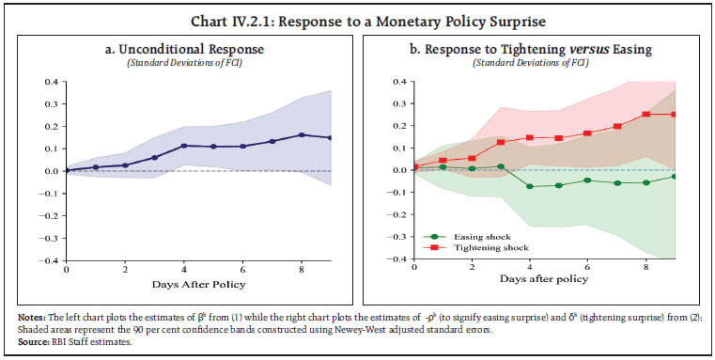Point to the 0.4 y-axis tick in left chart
50,82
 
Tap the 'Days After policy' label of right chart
545,279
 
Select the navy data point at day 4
184,146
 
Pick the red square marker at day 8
645,115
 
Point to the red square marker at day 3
501,142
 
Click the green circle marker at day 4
530,186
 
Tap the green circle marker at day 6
588,180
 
